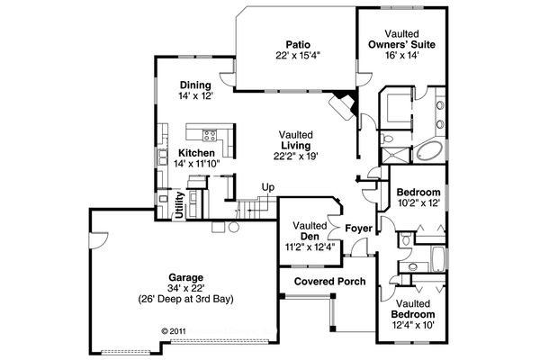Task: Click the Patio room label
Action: [x=298, y=43]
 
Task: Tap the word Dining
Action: [x=195, y=85]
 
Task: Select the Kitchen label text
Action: [x=195, y=153]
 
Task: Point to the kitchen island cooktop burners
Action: [x=210, y=136]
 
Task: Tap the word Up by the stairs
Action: [x=267, y=187]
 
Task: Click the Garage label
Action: [x=184, y=277]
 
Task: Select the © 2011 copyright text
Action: [x=177, y=330]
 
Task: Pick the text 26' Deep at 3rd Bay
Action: [x=185, y=299]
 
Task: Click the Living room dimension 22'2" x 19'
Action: [x=298, y=155]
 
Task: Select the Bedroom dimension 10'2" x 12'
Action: [x=418, y=203]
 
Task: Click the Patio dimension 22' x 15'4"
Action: [x=298, y=55]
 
